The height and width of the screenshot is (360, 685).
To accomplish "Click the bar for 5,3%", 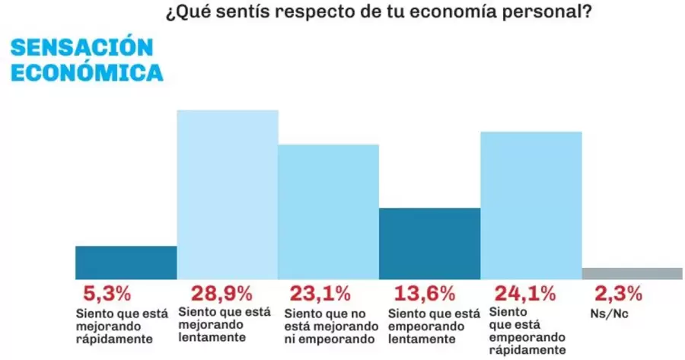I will point(126,263).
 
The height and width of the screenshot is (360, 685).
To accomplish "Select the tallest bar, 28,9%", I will point(228,195).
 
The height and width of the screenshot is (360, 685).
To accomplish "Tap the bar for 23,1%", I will point(328,212).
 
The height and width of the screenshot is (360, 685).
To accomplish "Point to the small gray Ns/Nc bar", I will point(632,274).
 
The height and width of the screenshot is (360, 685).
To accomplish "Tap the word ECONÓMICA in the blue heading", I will point(87,73).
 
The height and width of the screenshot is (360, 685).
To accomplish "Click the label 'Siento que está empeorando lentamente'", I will point(434,326).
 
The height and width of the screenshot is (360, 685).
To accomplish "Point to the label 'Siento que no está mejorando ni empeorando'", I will point(330,326).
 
